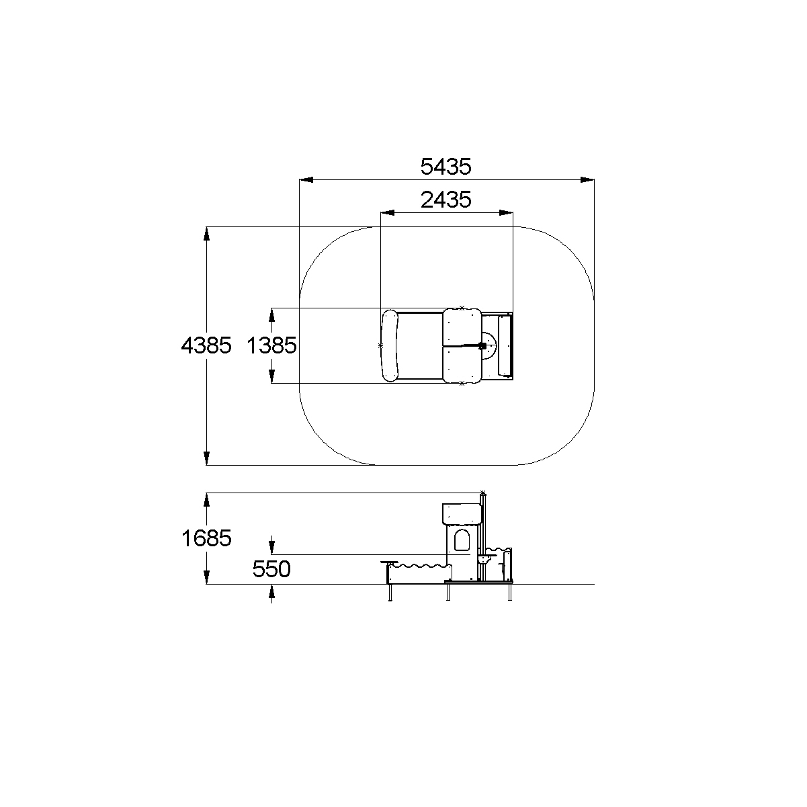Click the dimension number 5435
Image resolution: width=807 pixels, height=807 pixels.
pyautogui.click(x=445, y=166)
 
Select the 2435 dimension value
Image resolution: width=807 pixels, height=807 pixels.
pyautogui.click(x=445, y=200)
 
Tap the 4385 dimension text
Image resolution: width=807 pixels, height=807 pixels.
pyautogui.click(x=206, y=345)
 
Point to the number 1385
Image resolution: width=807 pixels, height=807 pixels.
pyautogui.click(x=271, y=345)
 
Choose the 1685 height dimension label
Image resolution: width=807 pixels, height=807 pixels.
pyautogui.click(x=206, y=538)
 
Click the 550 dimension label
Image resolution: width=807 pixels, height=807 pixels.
pyautogui.click(x=271, y=569)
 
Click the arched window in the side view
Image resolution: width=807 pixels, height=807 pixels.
pyautogui.click(x=462, y=540)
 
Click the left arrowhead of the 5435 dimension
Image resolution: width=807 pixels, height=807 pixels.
pyautogui.click(x=306, y=179)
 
